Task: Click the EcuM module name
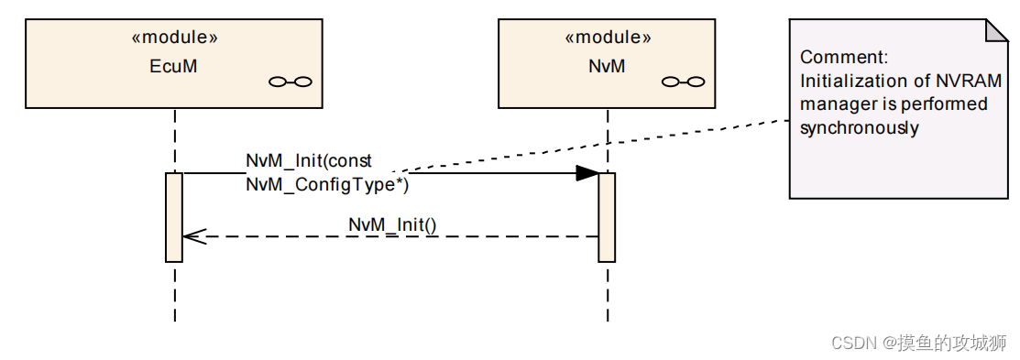174,66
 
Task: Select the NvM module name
607,66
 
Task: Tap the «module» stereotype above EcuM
174,38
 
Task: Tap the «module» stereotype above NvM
607,38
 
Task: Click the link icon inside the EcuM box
291,82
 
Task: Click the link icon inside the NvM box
683,82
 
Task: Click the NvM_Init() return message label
392,224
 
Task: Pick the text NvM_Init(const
308,161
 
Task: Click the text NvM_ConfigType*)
326,184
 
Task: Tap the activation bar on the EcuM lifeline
174,216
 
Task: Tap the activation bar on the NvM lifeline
607,216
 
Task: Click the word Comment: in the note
843,57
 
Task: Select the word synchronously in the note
859,128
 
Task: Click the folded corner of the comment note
997,29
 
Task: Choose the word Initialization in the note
844,81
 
